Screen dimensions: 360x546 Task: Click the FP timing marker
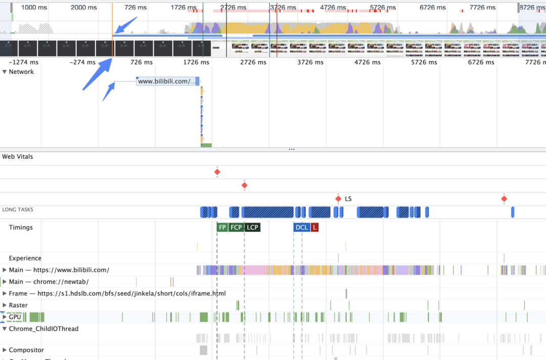tap(222, 228)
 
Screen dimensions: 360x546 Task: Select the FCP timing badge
tap(236, 228)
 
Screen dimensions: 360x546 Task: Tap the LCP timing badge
tap(252, 228)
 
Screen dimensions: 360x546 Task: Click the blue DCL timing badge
tap(301, 228)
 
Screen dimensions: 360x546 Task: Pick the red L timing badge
tap(314, 228)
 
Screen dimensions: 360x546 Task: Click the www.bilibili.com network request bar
tap(167, 81)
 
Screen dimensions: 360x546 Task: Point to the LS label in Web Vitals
tap(348, 199)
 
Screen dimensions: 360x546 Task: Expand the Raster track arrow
tap(5, 305)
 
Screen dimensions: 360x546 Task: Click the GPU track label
tap(15, 317)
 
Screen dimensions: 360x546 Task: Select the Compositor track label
tap(26, 350)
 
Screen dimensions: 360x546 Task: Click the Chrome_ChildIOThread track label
tap(43, 329)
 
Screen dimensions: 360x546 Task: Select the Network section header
tap(21, 72)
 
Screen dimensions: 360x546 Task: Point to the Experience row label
tap(25, 258)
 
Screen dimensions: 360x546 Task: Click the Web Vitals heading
tap(18, 157)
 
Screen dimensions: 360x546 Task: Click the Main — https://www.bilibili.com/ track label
tap(59, 270)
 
